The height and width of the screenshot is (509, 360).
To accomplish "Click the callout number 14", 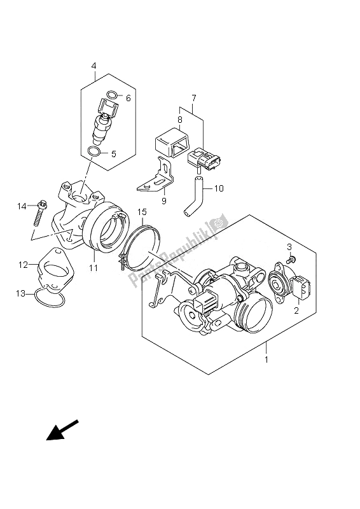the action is (x=22, y=206).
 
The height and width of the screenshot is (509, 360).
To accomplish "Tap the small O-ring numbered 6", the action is (x=112, y=95).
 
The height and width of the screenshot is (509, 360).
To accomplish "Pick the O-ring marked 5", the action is (x=93, y=151).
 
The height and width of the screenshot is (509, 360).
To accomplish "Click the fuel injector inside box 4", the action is (x=104, y=122).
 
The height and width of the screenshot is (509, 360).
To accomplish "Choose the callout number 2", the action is (x=296, y=310).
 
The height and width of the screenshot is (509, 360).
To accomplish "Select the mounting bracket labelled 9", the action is (x=156, y=177).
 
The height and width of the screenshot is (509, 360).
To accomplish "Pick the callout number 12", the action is (x=23, y=265).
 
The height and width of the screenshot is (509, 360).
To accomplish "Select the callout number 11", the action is (x=93, y=268).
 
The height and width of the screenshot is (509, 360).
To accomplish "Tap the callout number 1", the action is (x=267, y=359).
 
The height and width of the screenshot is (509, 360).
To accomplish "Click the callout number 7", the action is (x=193, y=97).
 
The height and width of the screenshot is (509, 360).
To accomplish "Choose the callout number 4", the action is (x=93, y=66).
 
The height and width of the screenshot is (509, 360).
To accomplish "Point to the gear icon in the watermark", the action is (x=217, y=224).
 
